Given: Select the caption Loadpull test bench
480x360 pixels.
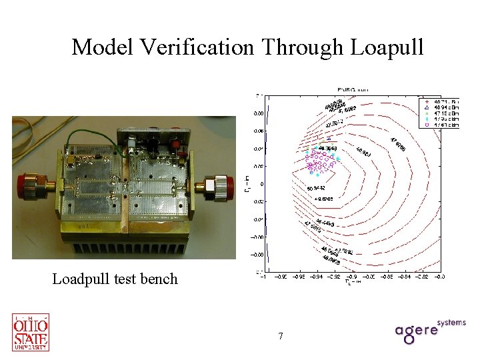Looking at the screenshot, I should click(x=115, y=279).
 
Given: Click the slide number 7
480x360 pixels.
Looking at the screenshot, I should click(x=281, y=336).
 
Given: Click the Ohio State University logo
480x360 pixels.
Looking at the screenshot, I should click(x=31, y=331).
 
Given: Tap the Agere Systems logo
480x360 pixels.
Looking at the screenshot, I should click(x=429, y=331).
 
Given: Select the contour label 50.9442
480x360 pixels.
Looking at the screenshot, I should click(x=317, y=188).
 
